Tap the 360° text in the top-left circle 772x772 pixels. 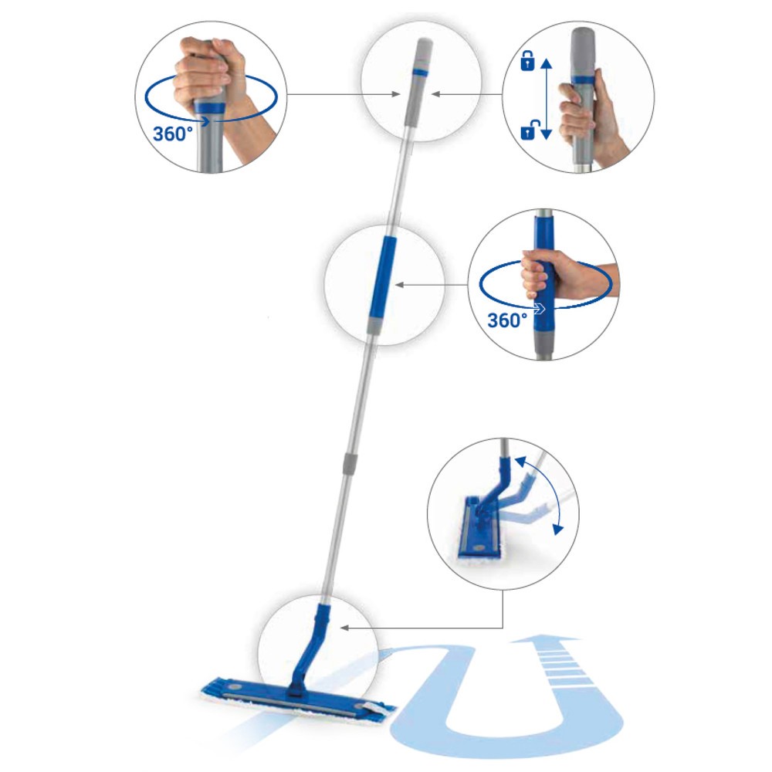(172, 134)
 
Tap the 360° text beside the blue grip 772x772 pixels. (507, 320)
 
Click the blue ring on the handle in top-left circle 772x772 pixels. (211, 108)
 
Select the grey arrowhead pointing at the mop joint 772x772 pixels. (344, 628)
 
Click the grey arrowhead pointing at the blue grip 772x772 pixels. (399, 285)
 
